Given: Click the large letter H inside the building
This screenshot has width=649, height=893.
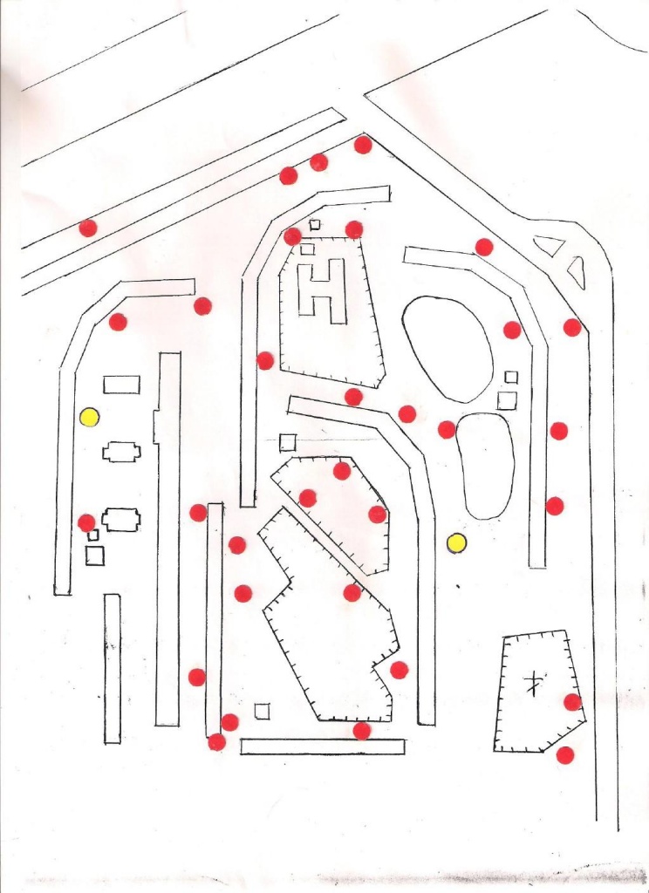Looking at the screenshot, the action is click(x=323, y=291).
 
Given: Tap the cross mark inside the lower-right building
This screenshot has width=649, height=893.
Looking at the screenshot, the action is click(x=533, y=683).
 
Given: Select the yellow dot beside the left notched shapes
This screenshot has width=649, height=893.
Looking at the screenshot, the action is click(x=90, y=418).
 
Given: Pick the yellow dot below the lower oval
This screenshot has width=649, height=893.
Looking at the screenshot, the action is click(x=456, y=544).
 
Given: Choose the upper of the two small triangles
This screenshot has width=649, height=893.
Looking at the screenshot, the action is click(x=550, y=245).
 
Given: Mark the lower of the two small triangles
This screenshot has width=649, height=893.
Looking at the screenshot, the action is click(x=577, y=273).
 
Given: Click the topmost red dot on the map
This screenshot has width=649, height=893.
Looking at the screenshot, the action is click(x=363, y=145).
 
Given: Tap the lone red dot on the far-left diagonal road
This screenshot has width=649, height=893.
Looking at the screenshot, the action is click(x=88, y=228).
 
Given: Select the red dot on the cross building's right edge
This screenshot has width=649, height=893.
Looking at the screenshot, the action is click(x=572, y=702).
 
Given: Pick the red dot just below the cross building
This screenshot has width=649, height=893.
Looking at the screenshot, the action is click(x=564, y=755).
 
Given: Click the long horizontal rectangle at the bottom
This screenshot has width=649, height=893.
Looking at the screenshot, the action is click(x=323, y=746).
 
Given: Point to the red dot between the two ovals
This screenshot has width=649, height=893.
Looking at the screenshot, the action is click(x=447, y=429).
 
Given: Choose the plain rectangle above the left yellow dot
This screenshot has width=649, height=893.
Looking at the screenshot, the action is click(x=121, y=385).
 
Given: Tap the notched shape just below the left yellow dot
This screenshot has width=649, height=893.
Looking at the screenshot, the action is click(x=121, y=453).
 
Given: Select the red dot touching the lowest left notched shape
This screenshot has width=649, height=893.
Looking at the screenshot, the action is click(x=86, y=523).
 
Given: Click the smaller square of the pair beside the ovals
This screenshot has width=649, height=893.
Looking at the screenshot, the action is click(x=511, y=377).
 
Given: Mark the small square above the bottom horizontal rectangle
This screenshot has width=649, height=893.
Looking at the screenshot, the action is click(x=262, y=712).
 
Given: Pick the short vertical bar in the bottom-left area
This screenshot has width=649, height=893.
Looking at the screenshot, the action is click(x=113, y=669).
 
